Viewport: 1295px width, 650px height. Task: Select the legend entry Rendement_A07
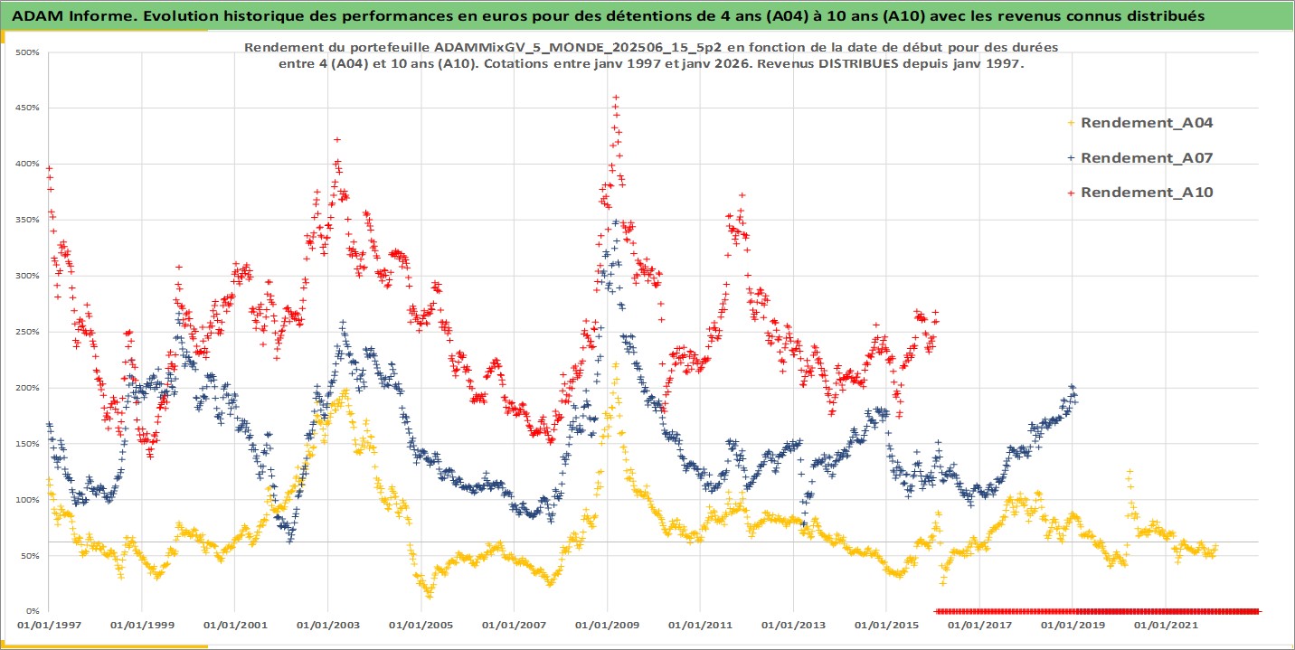click(x=1146, y=157)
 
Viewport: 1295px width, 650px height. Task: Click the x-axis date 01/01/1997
click(x=48, y=625)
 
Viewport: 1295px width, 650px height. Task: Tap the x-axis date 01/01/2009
click(x=606, y=625)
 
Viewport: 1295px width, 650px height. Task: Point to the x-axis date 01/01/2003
click(x=327, y=625)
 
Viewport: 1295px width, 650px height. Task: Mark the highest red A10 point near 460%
click(x=616, y=97)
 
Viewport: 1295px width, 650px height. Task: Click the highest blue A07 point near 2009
click(x=616, y=221)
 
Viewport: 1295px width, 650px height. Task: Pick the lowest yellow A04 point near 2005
click(x=429, y=596)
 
